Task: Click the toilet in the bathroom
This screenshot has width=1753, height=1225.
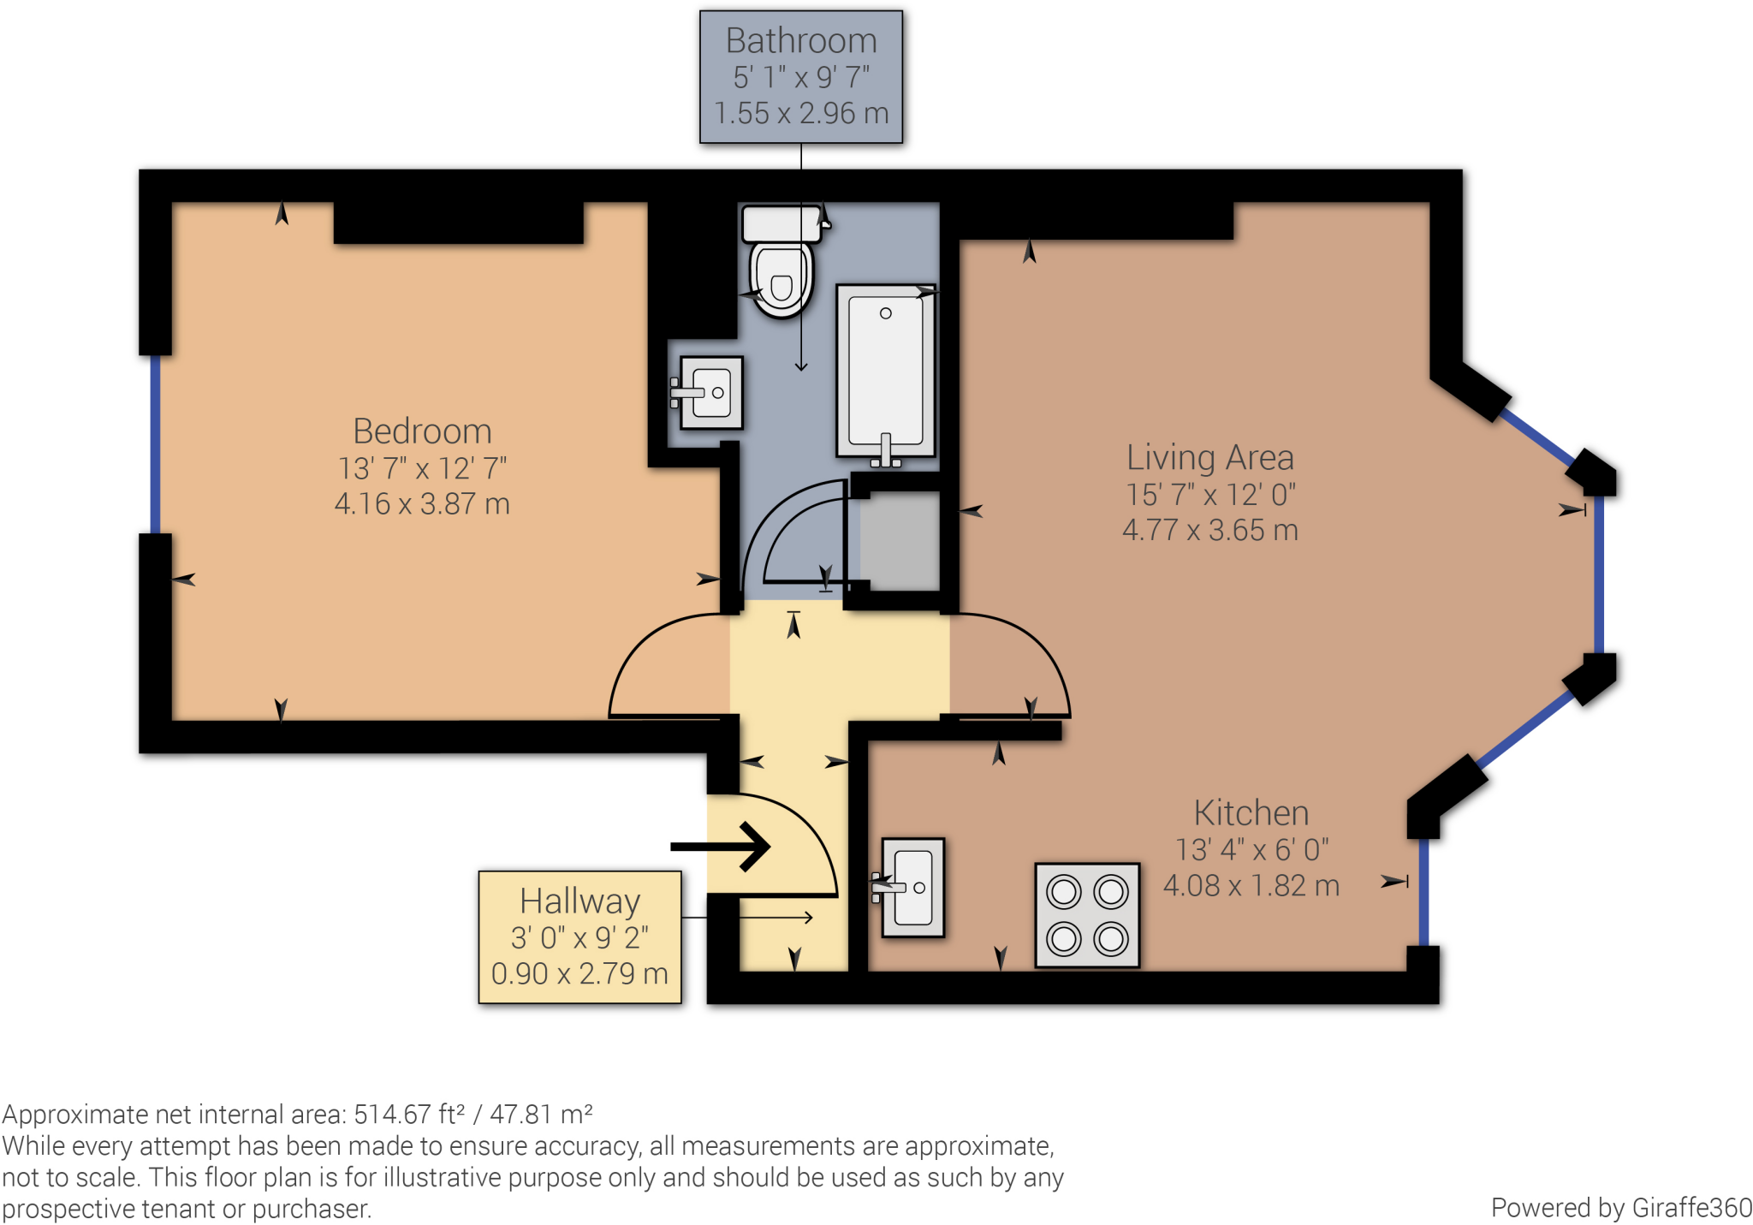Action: click(x=781, y=261)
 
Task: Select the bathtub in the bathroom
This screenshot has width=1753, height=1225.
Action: click(x=886, y=373)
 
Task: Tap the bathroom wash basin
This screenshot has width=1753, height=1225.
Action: click(x=708, y=393)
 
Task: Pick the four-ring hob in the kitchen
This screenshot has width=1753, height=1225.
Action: click(x=1087, y=915)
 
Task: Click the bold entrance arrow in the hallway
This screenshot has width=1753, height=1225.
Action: click(x=721, y=847)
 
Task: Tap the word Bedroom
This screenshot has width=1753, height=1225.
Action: click(x=422, y=431)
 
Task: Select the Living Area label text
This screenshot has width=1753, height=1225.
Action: click(x=1209, y=457)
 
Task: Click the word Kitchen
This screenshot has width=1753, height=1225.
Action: click(x=1251, y=812)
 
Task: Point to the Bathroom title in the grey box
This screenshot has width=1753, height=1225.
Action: click(x=801, y=40)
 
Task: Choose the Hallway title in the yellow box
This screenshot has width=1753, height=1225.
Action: click(x=580, y=901)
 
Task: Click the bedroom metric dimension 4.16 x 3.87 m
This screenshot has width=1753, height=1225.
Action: click(x=422, y=503)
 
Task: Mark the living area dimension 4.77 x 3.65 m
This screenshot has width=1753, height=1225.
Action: click(x=1210, y=530)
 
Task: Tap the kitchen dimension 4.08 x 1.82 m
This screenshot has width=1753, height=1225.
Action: click(x=1251, y=885)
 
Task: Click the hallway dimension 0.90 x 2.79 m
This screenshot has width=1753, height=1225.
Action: click(x=579, y=973)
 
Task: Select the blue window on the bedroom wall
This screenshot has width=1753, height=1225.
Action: click(x=155, y=444)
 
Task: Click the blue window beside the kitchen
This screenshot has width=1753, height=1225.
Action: click(x=1423, y=892)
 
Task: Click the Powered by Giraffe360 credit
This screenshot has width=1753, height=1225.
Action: click(x=1621, y=1207)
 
